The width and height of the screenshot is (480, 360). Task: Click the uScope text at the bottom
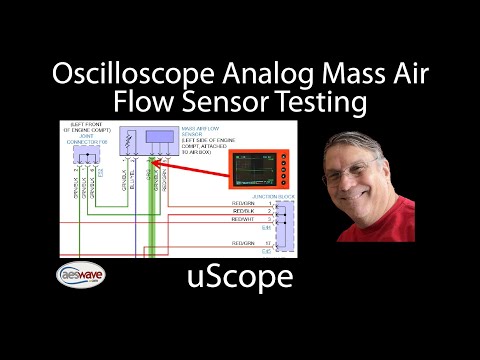pos(239,276)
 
